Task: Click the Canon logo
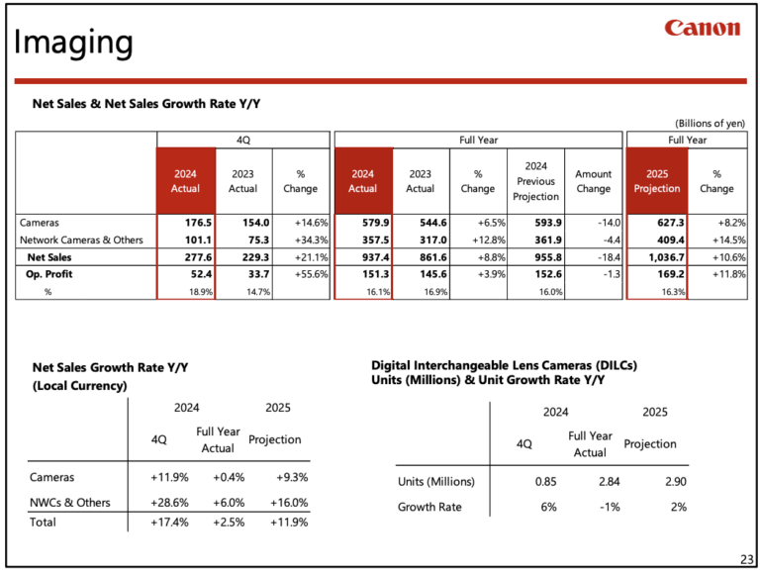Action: point(702,29)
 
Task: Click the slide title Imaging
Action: point(72,43)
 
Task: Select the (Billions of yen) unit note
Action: point(709,123)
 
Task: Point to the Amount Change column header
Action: point(594,181)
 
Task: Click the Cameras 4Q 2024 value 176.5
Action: point(186,223)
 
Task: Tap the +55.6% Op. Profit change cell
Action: point(299,273)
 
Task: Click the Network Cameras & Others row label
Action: point(81,239)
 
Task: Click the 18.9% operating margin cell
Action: point(187,291)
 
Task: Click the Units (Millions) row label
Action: point(436,482)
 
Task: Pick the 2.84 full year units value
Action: point(590,482)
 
